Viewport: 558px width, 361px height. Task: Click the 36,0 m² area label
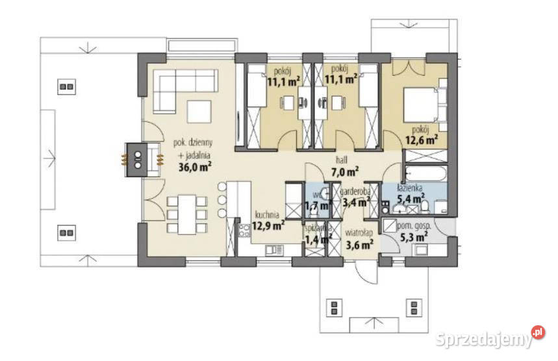click(x=196, y=166)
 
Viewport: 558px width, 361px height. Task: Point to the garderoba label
click(x=357, y=192)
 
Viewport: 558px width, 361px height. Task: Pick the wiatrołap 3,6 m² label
click(x=359, y=240)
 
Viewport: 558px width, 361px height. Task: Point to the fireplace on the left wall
click(x=138, y=157)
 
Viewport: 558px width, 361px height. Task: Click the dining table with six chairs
click(x=186, y=214)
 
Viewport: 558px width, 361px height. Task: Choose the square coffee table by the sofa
click(x=199, y=111)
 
